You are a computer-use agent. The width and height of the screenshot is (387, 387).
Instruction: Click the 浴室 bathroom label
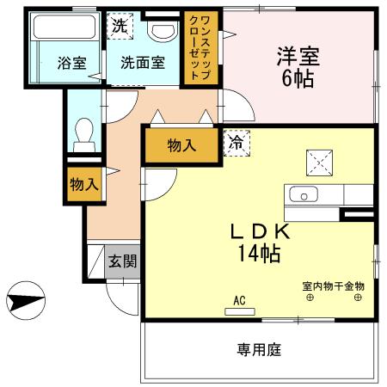(x=71, y=63)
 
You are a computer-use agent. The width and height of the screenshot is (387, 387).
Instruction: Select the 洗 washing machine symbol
(x=120, y=26)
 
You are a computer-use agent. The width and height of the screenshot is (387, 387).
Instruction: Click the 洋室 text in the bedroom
(x=298, y=57)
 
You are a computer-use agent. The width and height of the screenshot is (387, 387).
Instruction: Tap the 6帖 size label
(x=298, y=80)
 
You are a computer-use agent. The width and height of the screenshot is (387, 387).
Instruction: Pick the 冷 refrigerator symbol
(x=234, y=144)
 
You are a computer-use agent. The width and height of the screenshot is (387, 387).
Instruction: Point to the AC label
(x=239, y=300)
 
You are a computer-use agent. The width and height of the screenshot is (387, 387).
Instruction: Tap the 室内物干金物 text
(x=333, y=286)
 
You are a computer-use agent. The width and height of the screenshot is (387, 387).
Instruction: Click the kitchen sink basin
(x=304, y=194)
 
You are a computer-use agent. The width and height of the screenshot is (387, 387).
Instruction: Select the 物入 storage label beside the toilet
(x=83, y=183)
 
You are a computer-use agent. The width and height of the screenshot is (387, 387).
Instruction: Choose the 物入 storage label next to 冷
(x=181, y=145)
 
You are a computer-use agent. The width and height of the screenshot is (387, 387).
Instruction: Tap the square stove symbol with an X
(x=319, y=160)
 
